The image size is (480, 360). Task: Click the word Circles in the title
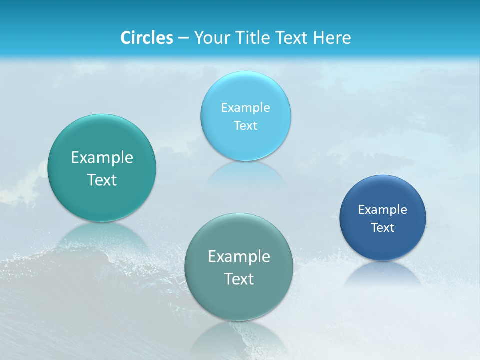tap(147, 38)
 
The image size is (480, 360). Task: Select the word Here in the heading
tap(332, 38)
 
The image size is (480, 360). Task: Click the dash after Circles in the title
tap(183, 38)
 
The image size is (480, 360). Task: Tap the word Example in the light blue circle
tap(246, 107)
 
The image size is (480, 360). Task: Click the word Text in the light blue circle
tap(246, 125)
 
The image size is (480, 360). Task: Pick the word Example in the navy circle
tap(383, 209)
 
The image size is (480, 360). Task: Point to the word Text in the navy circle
tap(383, 227)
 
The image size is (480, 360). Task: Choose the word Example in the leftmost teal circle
tap(102, 157)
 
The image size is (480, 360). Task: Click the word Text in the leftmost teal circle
tap(102, 180)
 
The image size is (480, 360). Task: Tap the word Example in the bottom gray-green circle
tap(239, 256)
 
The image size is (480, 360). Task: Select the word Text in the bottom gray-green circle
tap(239, 279)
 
